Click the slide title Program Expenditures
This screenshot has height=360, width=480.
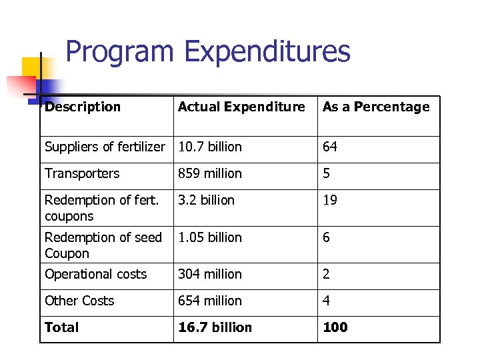207,52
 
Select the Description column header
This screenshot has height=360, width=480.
83,107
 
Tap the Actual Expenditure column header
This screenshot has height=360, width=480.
241,107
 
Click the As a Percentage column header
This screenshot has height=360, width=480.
376,107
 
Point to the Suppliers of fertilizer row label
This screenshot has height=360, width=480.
105,147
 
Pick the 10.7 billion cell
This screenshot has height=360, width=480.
210,147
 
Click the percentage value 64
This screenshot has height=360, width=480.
330,147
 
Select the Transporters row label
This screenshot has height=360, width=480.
82,173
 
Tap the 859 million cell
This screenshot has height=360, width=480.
210,173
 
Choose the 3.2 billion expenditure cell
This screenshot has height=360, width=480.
206,200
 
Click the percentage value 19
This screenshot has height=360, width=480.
330,200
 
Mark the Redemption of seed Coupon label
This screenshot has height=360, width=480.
103,245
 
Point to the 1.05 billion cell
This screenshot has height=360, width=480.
210,237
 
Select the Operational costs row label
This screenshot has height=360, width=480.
95,274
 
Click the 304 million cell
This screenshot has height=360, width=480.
210,274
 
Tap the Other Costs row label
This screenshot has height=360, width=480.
79,301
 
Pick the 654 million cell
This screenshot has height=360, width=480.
210,301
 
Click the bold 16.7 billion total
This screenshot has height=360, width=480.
215,327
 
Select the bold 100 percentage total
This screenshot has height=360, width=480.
335,327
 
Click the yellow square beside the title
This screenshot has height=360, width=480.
33,67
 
